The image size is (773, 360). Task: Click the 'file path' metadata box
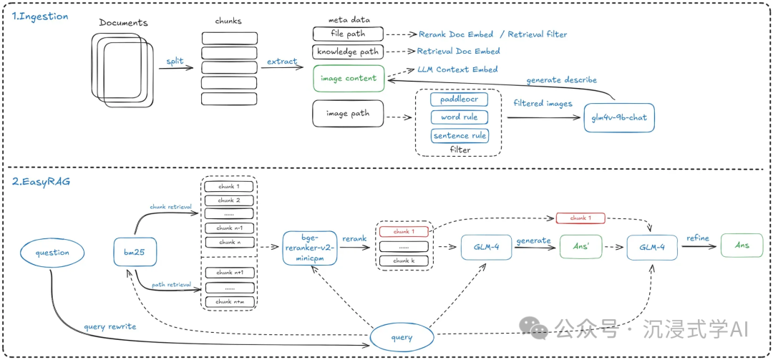click(x=348, y=34)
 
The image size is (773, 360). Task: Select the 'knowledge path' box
click(x=348, y=52)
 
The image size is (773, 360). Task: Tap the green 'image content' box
click(x=349, y=79)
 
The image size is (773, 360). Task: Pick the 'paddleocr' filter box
click(x=459, y=99)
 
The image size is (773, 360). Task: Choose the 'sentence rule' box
click(x=459, y=135)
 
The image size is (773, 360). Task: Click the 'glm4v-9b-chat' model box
click(x=618, y=117)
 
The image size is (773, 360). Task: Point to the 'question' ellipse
click(x=52, y=252)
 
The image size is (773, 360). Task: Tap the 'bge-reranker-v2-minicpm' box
click(x=310, y=248)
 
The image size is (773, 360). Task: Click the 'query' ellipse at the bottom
click(x=401, y=338)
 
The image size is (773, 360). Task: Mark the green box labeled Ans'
click(x=580, y=246)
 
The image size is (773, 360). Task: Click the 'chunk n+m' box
click(x=229, y=301)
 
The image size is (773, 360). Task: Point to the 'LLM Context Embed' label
click(x=457, y=69)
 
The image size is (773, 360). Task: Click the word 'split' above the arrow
click(x=175, y=62)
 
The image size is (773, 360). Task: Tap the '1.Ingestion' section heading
click(x=40, y=16)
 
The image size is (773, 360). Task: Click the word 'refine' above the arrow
click(x=698, y=239)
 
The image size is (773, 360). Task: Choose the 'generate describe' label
click(x=561, y=80)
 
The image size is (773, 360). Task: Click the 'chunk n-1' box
click(x=229, y=228)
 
